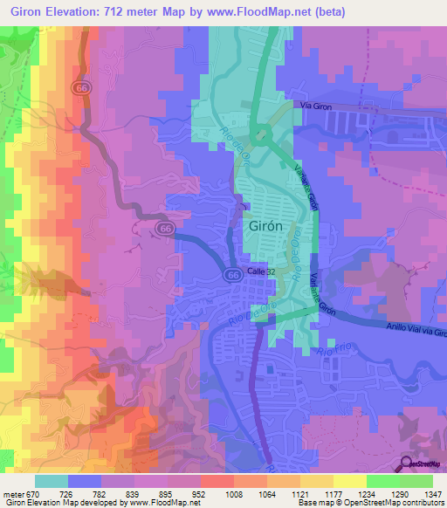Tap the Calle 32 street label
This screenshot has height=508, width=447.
click(262, 271)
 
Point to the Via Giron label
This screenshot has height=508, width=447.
click(317, 105)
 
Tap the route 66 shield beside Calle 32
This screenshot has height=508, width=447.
click(231, 274)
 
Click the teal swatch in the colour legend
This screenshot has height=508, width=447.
click(52, 481)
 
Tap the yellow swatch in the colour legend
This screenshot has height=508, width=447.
click(349, 481)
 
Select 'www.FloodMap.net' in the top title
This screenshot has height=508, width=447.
click(256, 12)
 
